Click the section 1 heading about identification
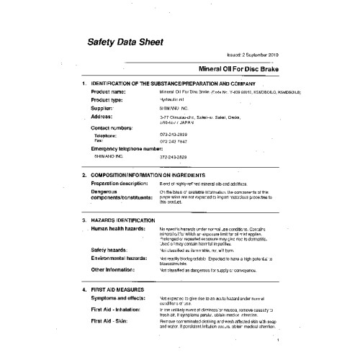point(187,85)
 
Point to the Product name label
point(114,92)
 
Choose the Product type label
point(113,99)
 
